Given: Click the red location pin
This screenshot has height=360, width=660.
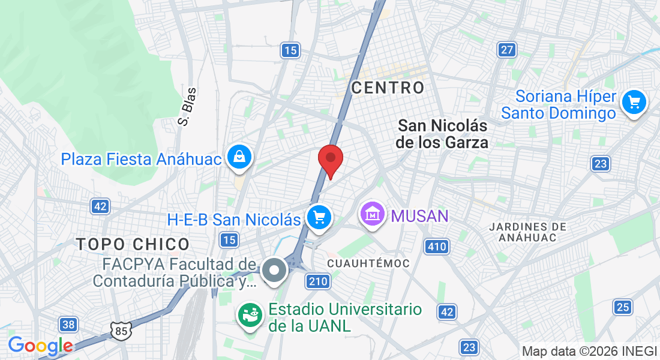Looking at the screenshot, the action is (x=330, y=160).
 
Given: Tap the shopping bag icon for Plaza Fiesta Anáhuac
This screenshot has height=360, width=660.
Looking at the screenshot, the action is (x=239, y=158).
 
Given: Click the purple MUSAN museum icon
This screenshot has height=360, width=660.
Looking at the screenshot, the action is (x=373, y=215).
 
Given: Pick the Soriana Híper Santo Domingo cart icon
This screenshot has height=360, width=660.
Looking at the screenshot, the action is (x=634, y=103).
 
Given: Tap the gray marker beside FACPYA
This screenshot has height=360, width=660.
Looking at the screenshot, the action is (x=274, y=271).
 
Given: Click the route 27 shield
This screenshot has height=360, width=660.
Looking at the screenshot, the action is (x=507, y=50).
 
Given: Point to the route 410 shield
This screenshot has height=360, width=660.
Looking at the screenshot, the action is (x=437, y=246).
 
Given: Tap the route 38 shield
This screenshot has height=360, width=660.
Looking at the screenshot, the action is (x=68, y=325).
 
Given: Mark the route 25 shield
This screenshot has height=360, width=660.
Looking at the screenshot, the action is (x=623, y=308).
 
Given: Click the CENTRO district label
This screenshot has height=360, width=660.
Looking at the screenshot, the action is (x=388, y=88).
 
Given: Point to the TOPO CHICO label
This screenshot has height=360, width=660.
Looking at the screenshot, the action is (x=133, y=244).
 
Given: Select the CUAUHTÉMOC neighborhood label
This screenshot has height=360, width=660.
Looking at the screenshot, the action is (x=369, y=263).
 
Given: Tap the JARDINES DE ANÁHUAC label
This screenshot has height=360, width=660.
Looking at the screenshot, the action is (x=527, y=232).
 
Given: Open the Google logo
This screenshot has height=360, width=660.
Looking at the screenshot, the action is (x=40, y=346).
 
